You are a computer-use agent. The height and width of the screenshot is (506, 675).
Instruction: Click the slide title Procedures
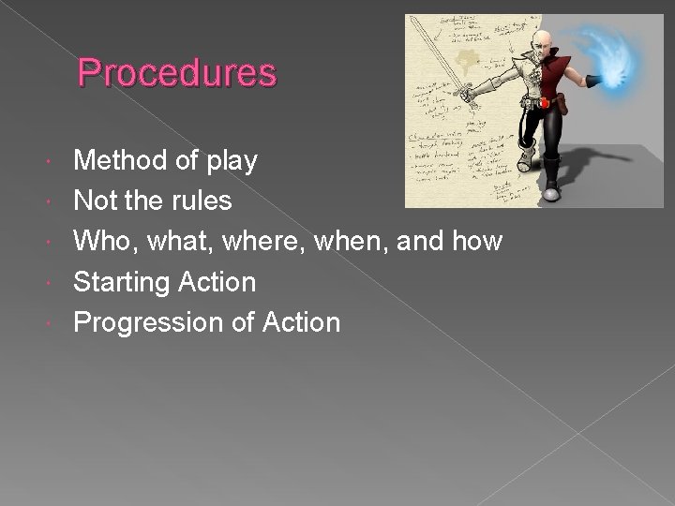pos(177,72)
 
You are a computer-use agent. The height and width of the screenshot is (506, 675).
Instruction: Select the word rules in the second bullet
pos(206,201)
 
